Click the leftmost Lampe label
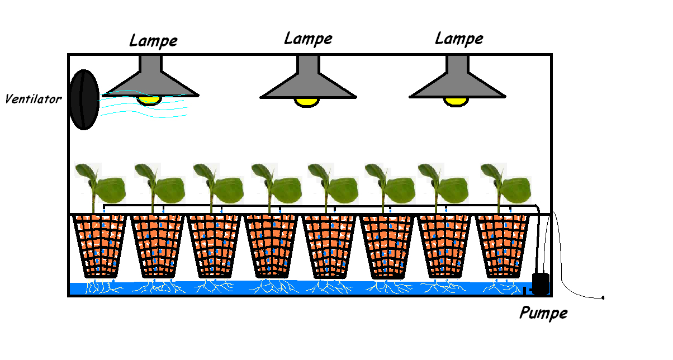(153, 41)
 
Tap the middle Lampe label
(308, 39)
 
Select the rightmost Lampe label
(459, 39)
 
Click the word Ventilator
(33, 100)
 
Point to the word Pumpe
(543, 312)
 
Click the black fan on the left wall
(84, 100)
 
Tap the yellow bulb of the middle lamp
(307, 102)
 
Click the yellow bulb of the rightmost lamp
(456, 101)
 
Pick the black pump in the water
(541, 283)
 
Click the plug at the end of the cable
(603, 298)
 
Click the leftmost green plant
(101, 184)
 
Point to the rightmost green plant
(506, 184)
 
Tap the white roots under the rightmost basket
(501, 287)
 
